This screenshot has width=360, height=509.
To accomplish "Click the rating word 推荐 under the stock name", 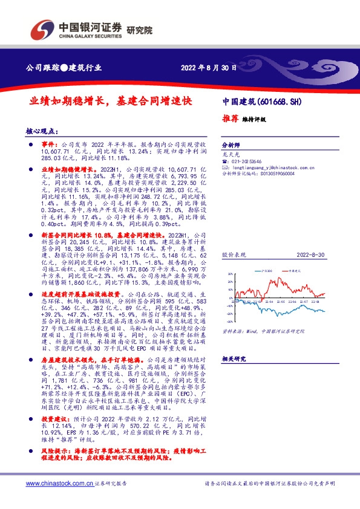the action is coord(230,119).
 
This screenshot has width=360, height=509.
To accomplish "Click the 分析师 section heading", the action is coord(231,146).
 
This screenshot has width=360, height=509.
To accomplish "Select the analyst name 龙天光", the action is coord(230,155).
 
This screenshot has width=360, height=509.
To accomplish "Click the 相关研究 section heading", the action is coord(234,358).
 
